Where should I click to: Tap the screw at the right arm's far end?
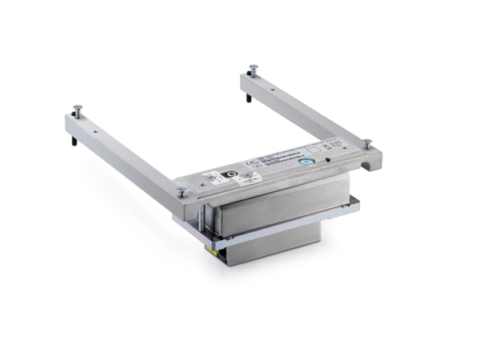(254, 68)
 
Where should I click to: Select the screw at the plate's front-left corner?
(182, 190)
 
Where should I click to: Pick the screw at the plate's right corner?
(366, 144)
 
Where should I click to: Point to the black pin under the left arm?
(74, 142)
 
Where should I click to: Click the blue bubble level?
(305, 160)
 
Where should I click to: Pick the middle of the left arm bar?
(128, 152)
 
